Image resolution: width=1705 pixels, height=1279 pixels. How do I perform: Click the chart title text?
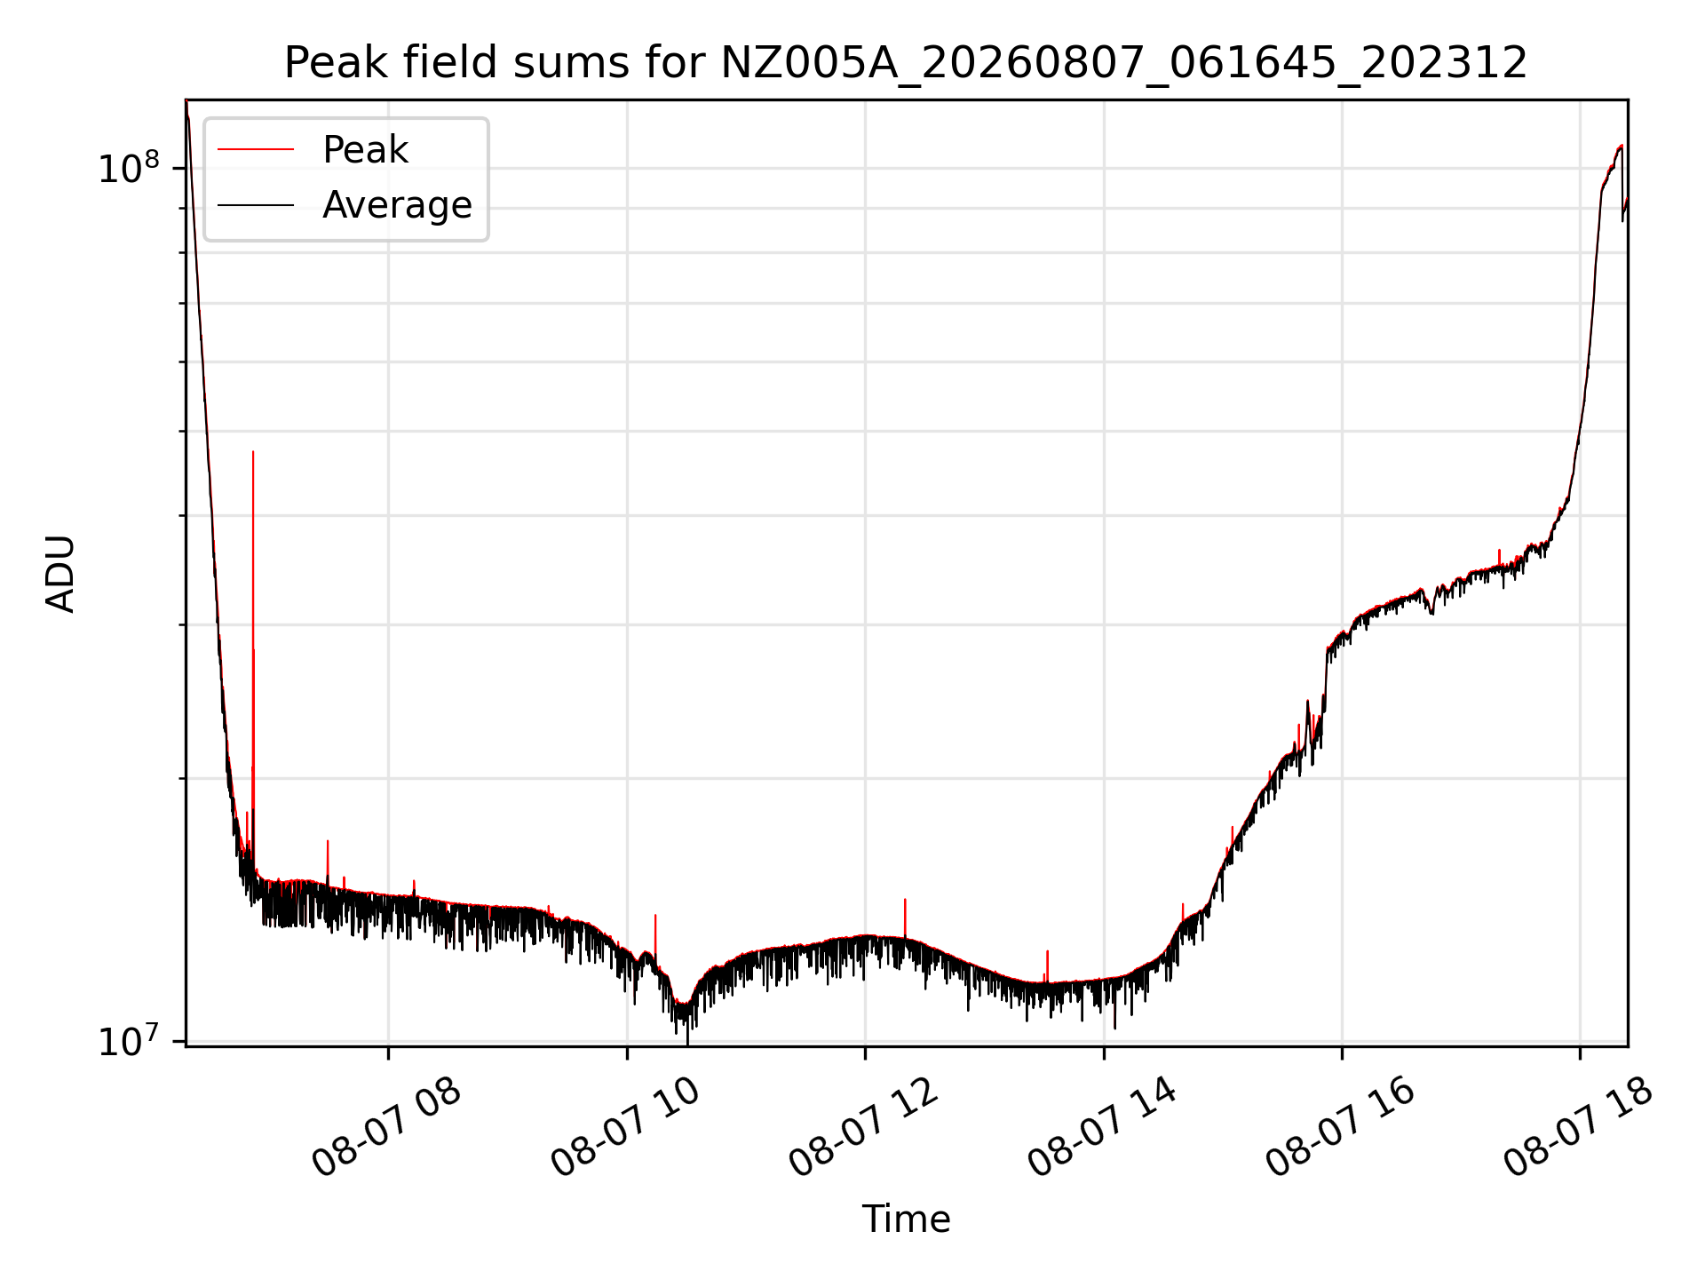coord(906,63)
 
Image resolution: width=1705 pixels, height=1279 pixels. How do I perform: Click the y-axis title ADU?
coord(60,574)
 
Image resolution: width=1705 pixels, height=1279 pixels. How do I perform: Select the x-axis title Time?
coord(906,1219)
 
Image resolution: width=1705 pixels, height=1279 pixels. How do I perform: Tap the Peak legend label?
coord(365,150)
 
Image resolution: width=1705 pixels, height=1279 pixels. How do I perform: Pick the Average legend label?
coord(397,205)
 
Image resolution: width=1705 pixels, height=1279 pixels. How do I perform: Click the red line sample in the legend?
coord(256,150)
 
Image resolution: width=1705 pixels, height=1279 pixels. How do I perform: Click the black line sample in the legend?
coord(256,205)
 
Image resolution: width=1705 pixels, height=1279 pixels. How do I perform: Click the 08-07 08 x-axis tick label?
coord(387,1129)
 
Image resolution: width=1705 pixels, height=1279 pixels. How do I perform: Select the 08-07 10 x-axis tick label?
coord(626,1129)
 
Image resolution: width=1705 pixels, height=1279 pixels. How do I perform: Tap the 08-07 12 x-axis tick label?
coord(864,1129)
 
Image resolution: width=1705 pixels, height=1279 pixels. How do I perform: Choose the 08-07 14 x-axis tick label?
coord(1103,1129)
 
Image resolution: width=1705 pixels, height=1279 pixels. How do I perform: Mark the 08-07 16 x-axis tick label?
coord(1341,1129)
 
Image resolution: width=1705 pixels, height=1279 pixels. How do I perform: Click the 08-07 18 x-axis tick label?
coord(1579,1129)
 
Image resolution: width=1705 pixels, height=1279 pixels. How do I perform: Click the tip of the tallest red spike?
coord(253,451)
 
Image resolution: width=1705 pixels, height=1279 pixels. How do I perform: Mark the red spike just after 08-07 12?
coord(905,900)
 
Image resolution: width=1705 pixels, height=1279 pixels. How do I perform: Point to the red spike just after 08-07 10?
coord(655,916)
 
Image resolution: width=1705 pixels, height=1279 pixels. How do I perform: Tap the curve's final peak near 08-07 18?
coord(1622,146)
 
